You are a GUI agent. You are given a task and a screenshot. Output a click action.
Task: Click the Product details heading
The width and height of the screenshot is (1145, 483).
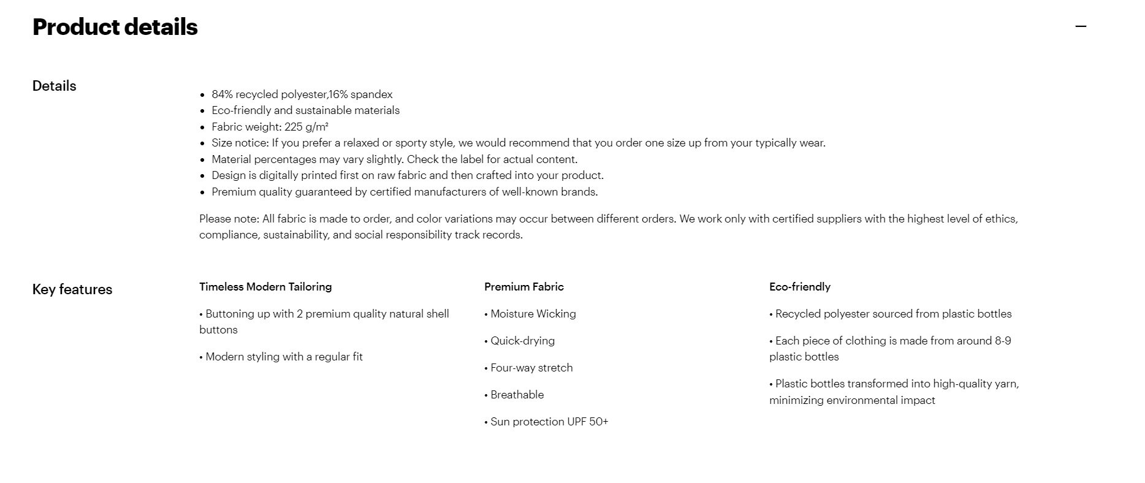(115, 27)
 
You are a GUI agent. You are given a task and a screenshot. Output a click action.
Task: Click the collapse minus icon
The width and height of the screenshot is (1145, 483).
(1081, 26)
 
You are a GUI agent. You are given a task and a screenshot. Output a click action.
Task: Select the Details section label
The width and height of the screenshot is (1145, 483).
(54, 86)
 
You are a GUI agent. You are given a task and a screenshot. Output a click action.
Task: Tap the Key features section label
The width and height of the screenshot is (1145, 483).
(72, 289)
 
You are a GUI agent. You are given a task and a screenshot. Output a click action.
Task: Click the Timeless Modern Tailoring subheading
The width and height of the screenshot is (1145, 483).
(265, 287)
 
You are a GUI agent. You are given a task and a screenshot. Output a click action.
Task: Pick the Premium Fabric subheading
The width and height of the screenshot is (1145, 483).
(523, 287)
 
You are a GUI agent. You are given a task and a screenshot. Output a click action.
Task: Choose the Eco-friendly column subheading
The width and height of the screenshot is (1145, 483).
(799, 287)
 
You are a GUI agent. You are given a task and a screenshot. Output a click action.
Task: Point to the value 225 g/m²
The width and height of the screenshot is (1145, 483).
(306, 127)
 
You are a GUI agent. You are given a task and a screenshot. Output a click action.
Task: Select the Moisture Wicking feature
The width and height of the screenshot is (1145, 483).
(533, 314)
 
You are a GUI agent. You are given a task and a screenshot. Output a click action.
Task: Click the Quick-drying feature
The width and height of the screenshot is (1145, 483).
(522, 341)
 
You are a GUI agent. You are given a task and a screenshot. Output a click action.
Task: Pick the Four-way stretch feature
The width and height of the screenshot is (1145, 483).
(531, 368)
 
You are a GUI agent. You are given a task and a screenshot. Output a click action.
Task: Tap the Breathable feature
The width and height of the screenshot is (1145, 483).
(517, 395)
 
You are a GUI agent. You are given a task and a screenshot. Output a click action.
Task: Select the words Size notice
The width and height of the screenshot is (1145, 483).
(240, 143)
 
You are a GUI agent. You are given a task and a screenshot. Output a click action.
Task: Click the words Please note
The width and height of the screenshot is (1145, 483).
(228, 219)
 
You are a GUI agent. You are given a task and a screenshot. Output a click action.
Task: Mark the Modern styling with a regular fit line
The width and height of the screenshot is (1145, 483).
(283, 357)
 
